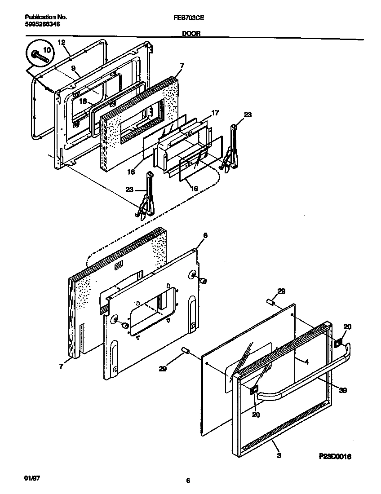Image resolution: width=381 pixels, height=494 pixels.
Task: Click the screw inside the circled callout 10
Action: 39,57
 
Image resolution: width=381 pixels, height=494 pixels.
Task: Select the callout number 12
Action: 62,42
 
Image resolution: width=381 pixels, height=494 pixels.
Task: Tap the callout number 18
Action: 83,101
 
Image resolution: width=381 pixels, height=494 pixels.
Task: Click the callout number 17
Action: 215,113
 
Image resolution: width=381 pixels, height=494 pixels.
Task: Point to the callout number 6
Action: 205,235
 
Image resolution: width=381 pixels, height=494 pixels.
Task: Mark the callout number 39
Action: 342,391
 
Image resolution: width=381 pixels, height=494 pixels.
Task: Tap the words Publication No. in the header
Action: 44,17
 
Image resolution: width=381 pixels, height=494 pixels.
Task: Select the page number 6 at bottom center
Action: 188,481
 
